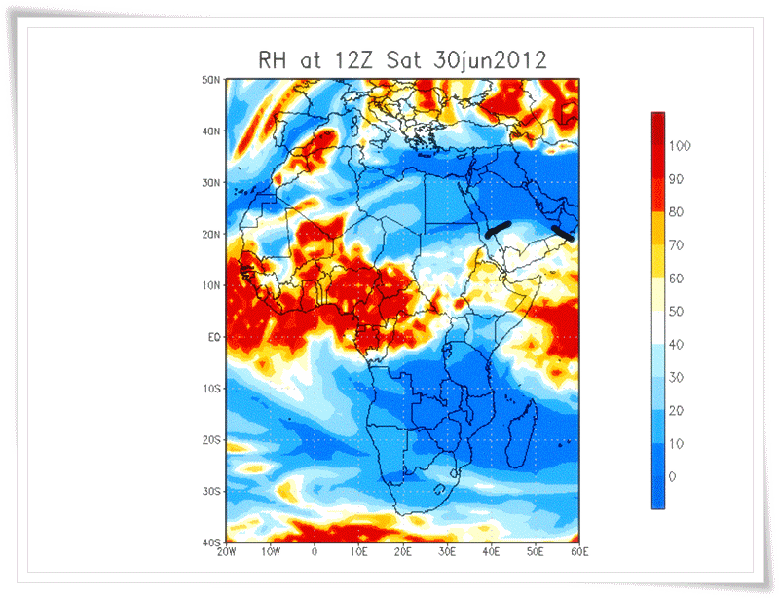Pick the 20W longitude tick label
pos(227,552)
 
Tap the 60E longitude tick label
pos(578,552)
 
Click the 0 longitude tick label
pos(315,552)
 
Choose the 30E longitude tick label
pos(447,552)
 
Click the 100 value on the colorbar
pos(682,146)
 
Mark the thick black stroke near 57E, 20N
pos(563,234)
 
